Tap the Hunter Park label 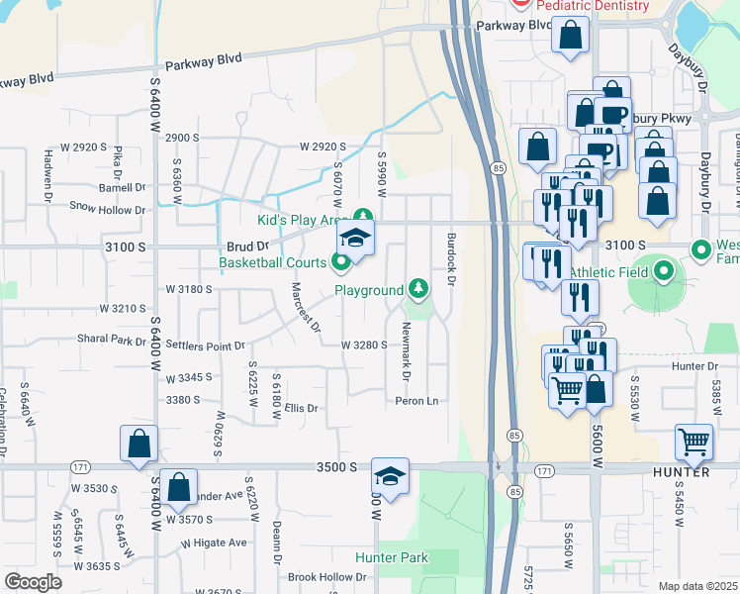point(392,558)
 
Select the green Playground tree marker point(419,288)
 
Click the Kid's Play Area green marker point(363,216)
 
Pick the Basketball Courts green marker point(341,262)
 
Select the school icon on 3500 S point(390,476)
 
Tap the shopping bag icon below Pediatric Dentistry point(572,38)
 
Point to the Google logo point(33,581)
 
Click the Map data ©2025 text point(697,586)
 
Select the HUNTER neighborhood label point(681,472)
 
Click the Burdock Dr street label point(451,259)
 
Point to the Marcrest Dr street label point(307,308)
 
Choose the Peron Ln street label point(416,401)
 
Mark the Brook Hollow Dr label point(326,576)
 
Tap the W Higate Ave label point(207,543)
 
